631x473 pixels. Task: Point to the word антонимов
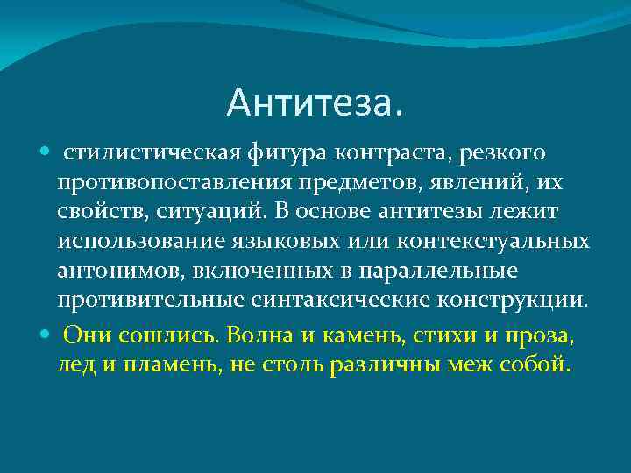(x=116, y=269)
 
